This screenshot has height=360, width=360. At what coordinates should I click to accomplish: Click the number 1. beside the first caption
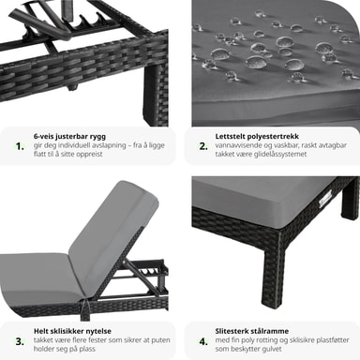(20, 146)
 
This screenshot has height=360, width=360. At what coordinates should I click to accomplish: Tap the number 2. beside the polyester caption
(203, 146)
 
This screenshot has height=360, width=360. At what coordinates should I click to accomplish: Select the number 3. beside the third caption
(20, 341)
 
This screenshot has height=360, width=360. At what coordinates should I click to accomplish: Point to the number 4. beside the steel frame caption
(203, 341)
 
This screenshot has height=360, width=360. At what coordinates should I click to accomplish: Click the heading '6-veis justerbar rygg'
(69, 136)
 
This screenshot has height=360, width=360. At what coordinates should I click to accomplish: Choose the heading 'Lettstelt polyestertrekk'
(257, 136)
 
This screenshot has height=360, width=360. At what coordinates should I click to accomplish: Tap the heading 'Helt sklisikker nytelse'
(72, 331)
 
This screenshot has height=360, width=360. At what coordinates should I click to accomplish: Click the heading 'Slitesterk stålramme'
(252, 331)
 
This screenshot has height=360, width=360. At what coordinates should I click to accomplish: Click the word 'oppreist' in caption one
(89, 154)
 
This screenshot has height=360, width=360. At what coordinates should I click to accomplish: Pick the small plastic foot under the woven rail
(72, 88)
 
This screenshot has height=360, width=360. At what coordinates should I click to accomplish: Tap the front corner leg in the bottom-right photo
(275, 261)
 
